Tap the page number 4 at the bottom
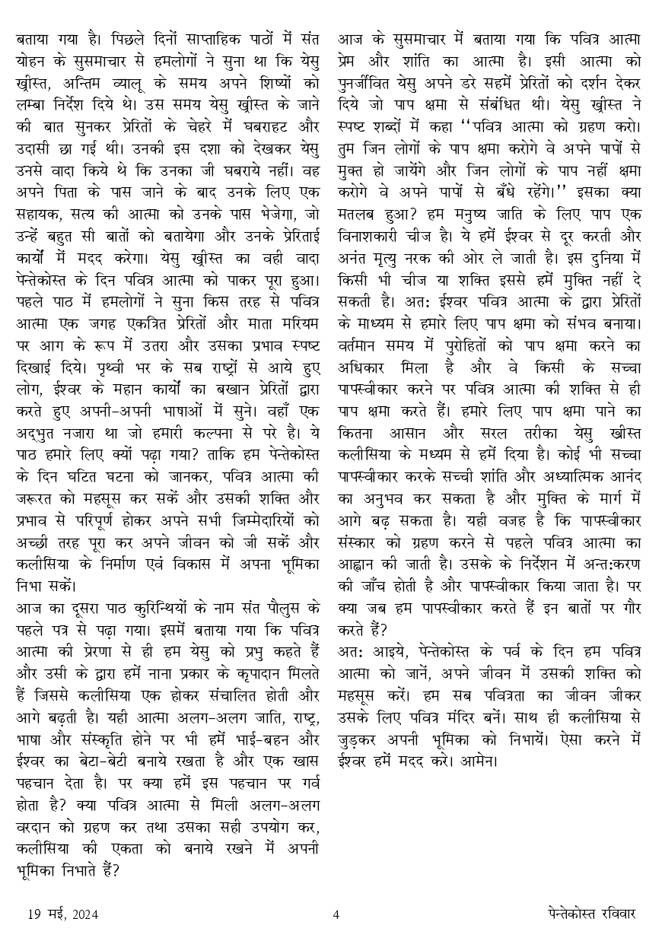click(x=336, y=914)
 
